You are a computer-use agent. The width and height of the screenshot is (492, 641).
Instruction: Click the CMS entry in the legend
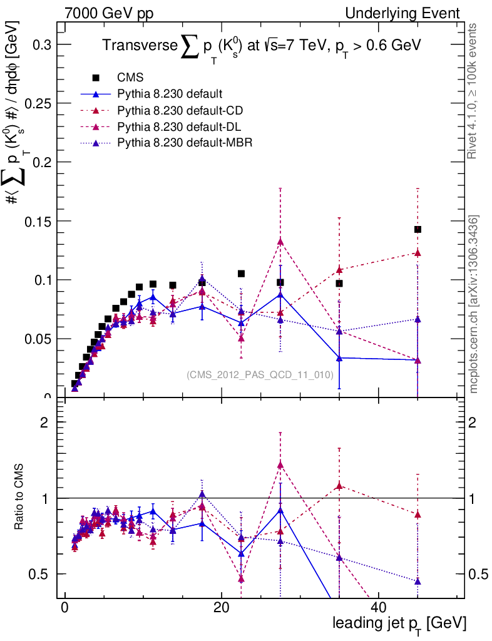130,78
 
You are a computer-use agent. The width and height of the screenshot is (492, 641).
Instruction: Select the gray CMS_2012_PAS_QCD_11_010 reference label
259,375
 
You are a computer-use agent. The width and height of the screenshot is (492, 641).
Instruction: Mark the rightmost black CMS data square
418,230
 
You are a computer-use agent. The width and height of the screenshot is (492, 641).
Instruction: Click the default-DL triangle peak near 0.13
280,242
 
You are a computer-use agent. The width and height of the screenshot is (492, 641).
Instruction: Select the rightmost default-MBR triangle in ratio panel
418,582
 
